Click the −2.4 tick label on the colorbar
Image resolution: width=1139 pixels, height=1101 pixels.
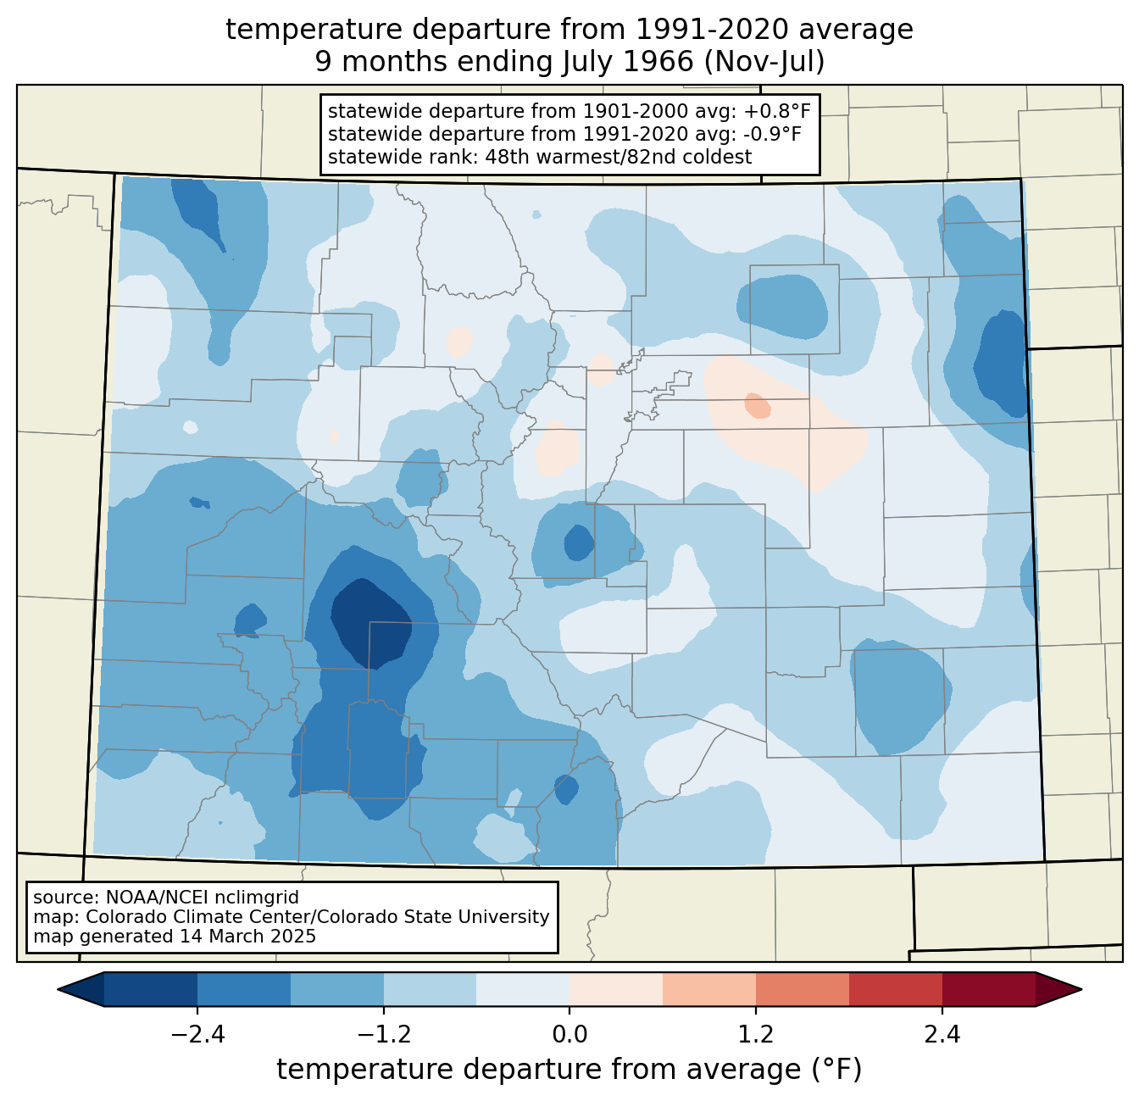coord(197,1035)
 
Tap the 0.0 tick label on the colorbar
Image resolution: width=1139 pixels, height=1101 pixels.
coord(569,1035)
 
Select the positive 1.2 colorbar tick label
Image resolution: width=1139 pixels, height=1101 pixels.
coord(756,1035)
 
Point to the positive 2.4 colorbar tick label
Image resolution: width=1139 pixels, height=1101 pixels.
coord(942,1035)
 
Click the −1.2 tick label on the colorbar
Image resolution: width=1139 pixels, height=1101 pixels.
coord(384,1035)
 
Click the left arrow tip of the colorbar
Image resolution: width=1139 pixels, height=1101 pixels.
coord(58,990)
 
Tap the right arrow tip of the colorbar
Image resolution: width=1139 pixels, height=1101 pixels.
coord(1081,990)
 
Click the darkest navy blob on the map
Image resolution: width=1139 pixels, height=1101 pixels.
coord(369,623)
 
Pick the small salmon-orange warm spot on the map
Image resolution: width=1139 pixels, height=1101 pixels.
coord(758,405)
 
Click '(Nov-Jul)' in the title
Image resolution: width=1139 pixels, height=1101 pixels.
coord(764,62)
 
